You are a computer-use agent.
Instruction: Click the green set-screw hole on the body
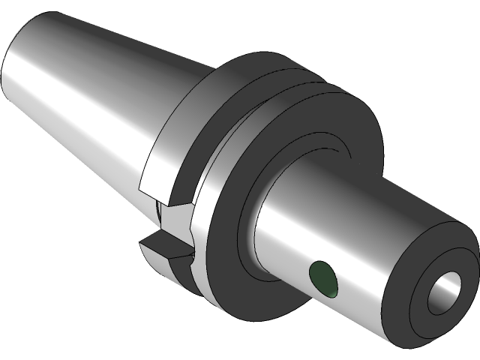click(x=323, y=277)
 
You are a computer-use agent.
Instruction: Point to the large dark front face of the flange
click(x=225, y=225)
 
